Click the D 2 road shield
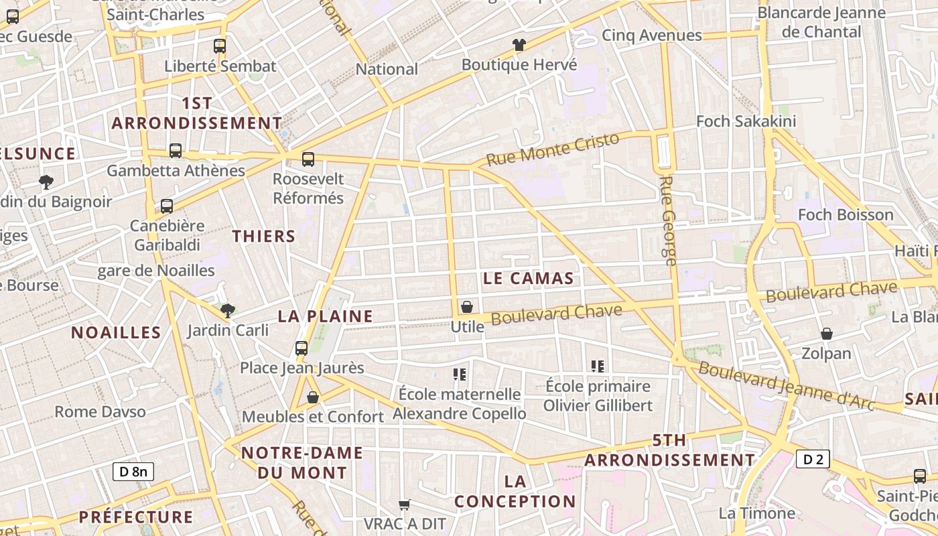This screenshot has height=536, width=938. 813,459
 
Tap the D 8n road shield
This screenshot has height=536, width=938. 133,471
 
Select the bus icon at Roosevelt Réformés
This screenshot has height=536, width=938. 308,159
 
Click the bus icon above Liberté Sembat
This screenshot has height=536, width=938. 220,46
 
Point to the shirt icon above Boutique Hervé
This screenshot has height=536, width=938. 519,46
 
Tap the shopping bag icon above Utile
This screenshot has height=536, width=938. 467,307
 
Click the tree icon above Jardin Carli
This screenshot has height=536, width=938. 228,310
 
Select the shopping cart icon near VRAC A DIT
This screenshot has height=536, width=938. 404,505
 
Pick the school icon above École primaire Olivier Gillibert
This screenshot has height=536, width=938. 598,366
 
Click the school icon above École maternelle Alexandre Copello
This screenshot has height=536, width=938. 459,374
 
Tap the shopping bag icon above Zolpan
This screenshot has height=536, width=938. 827,334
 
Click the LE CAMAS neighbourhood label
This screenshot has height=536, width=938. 529,279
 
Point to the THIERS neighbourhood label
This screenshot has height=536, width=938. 263,236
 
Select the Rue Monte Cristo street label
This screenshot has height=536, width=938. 553,149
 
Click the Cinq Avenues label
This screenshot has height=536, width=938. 651,35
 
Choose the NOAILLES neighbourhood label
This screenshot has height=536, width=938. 116,332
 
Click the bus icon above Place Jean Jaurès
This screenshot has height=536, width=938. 301,348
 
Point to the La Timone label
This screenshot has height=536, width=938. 756,513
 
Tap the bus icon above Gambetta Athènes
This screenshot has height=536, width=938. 176,151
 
